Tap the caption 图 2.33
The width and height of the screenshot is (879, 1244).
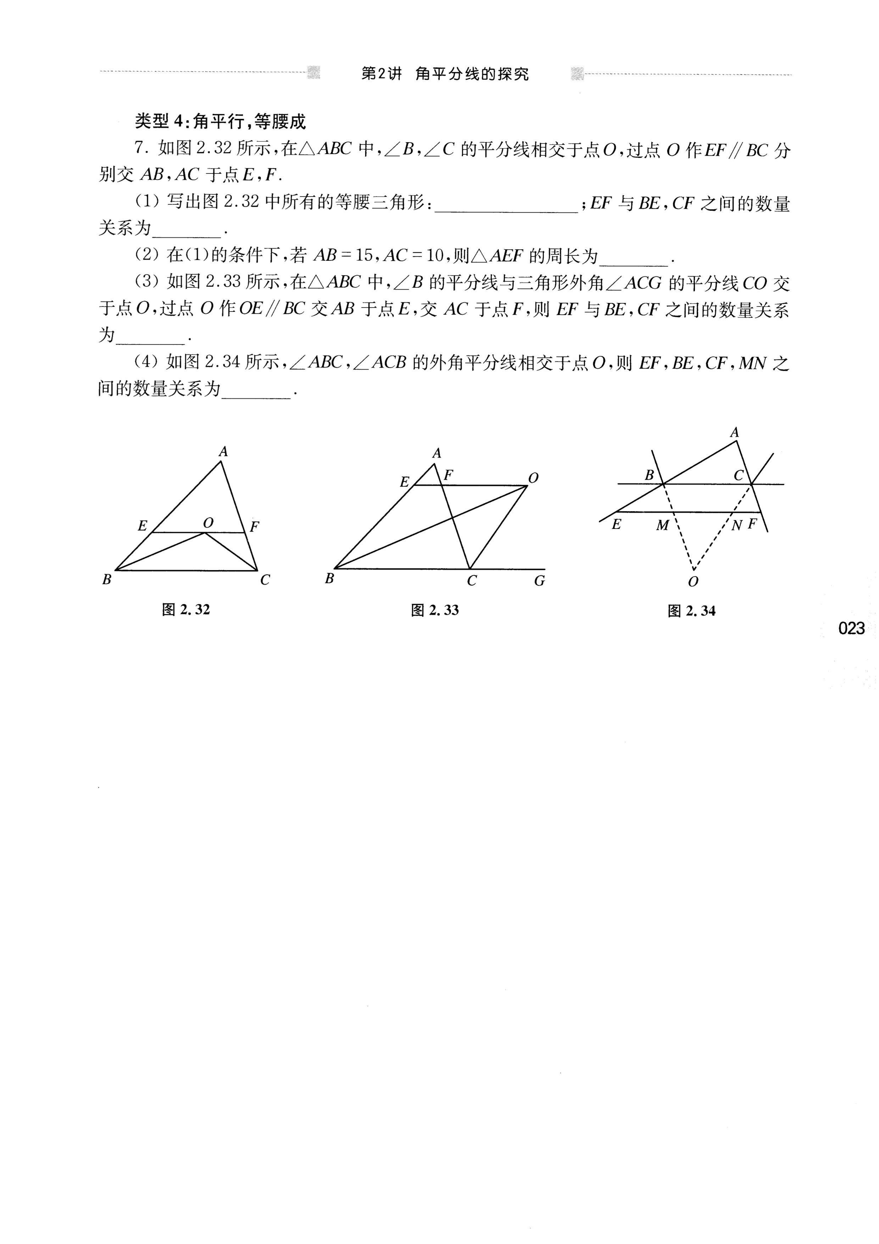(435, 610)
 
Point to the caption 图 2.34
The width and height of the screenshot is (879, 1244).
(692, 611)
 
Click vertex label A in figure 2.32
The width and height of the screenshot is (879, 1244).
(223, 451)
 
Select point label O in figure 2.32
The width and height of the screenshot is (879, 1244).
(208, 523)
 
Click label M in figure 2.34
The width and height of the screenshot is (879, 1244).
(662, 525)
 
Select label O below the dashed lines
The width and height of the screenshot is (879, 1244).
(693, 582)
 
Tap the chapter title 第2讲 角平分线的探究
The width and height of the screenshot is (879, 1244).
(445, 74)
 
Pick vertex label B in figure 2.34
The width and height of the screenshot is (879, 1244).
(649, 475)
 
